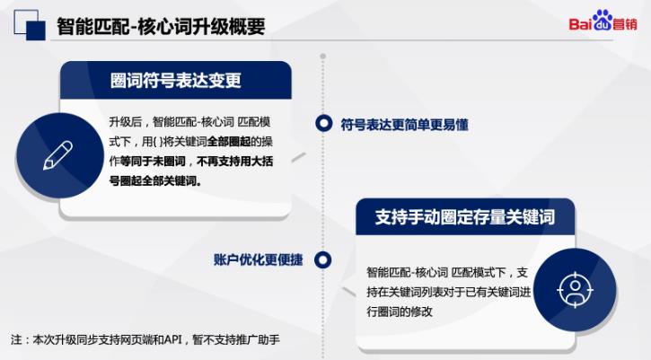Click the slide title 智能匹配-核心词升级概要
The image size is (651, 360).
coord(161,28)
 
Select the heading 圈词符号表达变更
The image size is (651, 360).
coord(175,81)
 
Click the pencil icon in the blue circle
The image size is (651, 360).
coord(57,155)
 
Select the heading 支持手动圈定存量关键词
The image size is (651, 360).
coord(464,218)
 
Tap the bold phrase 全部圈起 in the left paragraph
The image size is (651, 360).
coord(233,142)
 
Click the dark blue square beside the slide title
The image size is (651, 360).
coord(35,30)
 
